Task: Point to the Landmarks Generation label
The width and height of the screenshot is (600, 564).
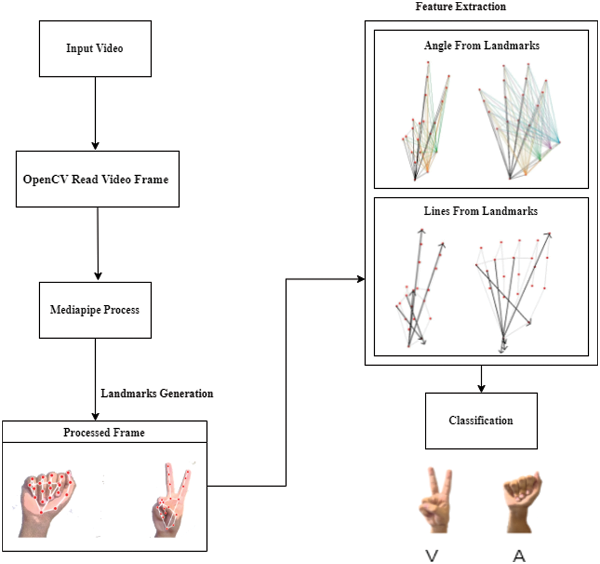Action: pyautogui.click(x=157, y=393)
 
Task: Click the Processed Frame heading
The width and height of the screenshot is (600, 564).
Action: pyautogui.click(x=104, y=432)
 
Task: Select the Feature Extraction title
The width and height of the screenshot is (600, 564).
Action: pyautogui.click(x=460, y=7)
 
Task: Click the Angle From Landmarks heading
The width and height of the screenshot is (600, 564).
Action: pyautogui.click(x=481, y=45)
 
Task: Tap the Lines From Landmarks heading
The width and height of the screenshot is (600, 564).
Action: pyautogui.click(x=480, y=211)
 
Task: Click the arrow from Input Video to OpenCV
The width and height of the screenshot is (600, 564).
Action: pyautogui.click(x=95, y=113)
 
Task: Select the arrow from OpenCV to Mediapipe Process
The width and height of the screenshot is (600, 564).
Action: pyautogui.click(x=97, y=244)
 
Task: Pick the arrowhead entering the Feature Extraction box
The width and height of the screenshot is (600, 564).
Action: pyautogui.click(x=361, y=279)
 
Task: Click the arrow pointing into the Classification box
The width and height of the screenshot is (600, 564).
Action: pyautogui.click(x=481, y=380)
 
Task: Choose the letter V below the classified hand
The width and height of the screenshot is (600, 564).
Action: pyautogui.click(x=432, y=555)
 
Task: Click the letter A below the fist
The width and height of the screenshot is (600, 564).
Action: pyautogui.click(x=519, y=555)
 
